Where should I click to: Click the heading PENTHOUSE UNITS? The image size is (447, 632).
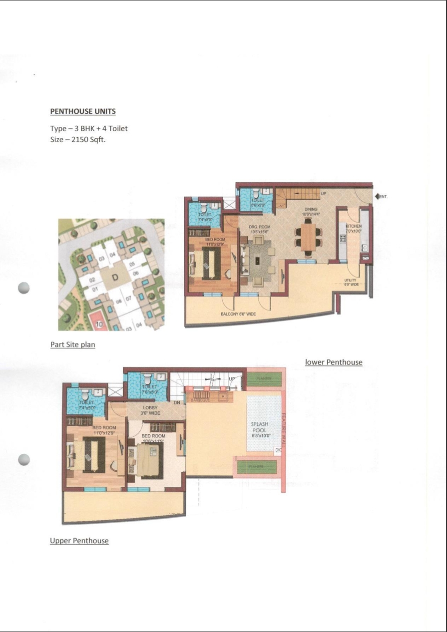pos(83,111)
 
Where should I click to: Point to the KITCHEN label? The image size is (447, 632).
pos(354,226)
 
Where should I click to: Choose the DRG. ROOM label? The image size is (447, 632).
pos(260,227)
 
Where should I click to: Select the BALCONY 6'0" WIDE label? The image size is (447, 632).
pos(238,314)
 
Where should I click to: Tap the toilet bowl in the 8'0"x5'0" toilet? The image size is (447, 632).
pos(257,192)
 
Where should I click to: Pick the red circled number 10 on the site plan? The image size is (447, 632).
pos(99,324)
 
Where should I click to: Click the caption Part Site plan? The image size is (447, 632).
pos(72,344)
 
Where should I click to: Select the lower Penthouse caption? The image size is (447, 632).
pos(334,362)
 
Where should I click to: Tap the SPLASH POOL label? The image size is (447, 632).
pos(260,427)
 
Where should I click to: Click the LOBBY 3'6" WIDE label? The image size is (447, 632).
pos(150,410)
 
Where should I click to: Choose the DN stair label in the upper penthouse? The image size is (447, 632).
pos(177,402)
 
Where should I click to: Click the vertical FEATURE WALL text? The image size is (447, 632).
pos(282,429)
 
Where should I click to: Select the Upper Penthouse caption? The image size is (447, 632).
pos(79,541)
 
